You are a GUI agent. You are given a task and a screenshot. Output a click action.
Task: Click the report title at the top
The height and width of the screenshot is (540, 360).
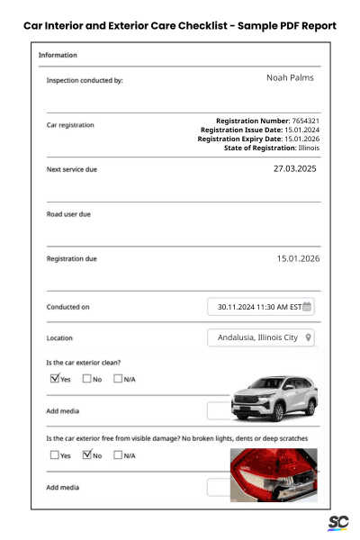(x=180, y=25)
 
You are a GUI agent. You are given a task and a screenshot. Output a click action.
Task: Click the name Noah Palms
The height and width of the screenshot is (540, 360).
(x=290, y=78)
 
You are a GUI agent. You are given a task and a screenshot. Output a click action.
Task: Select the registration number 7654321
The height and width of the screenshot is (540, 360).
(x=301, y=121)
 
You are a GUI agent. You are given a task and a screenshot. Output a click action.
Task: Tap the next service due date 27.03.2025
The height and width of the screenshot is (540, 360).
(x=296, y=168)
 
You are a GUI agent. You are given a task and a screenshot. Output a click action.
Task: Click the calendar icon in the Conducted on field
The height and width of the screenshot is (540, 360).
(x=308, y=307)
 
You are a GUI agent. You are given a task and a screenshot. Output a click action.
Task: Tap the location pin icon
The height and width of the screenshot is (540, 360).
(x=309, y=338)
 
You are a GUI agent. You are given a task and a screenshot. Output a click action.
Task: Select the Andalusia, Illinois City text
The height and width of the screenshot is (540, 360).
(x=257, y=338)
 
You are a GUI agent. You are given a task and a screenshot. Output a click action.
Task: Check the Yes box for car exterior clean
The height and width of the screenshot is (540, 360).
(x=55, y=379)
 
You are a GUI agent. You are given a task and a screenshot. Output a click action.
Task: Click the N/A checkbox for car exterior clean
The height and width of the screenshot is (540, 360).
(x=118, y=379)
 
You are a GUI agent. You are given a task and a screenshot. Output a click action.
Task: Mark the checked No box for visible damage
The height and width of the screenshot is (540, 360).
(x=86, y=455)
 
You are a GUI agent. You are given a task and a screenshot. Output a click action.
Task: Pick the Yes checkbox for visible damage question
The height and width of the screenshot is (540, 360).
(x=55, y=455)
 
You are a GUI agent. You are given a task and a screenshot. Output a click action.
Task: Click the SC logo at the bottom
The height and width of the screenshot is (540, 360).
(x=337, y=523)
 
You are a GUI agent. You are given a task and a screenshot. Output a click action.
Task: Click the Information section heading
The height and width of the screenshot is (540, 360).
(x=58, y=56)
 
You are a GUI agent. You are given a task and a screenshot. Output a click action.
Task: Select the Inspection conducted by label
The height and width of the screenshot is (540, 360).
(x=85, y=80)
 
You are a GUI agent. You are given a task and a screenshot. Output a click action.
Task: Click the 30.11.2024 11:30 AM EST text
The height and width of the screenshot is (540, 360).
(x=259, y=307)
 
